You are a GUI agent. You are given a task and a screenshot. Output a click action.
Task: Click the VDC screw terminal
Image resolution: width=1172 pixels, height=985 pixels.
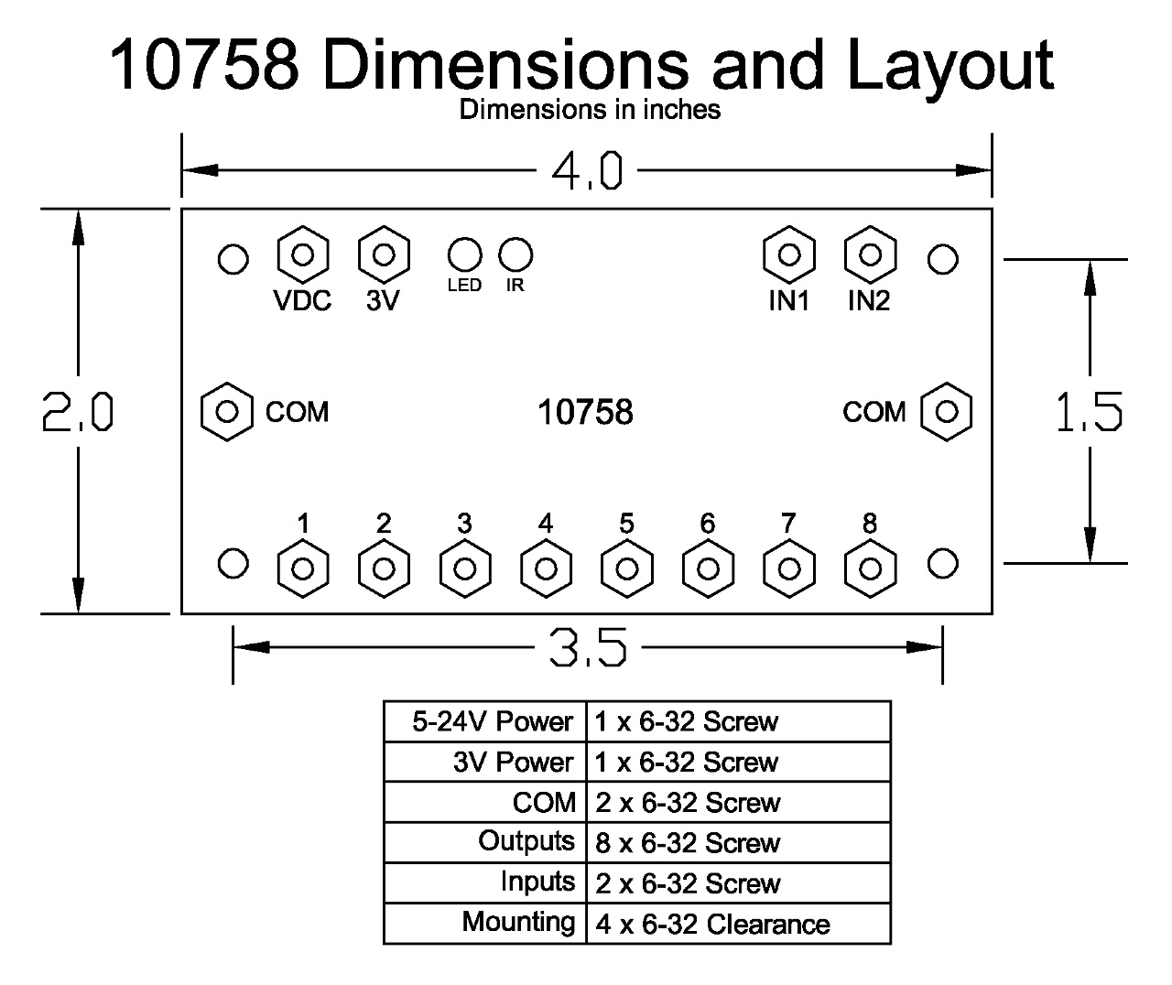tap(302, 254)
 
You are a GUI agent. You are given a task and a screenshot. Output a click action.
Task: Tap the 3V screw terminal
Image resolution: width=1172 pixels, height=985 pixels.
tap(384, 254)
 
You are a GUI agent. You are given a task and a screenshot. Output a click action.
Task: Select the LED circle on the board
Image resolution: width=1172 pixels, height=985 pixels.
tap(464, 254)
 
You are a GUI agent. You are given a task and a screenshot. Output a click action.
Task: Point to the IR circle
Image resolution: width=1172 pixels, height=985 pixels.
tap(515, 254)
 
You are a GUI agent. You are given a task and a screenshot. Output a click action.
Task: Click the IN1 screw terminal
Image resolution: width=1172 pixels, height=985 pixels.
tap(788, 254)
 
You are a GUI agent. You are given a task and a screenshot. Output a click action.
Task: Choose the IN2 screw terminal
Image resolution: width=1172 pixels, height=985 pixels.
tap(870, 254)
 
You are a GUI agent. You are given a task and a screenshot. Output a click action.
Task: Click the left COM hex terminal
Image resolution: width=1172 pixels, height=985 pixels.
tap(226, 412)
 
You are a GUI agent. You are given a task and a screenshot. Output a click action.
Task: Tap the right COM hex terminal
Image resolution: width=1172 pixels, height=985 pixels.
tap(946, 412)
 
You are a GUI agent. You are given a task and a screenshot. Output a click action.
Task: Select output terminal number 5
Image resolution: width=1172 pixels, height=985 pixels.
tap(626, 569)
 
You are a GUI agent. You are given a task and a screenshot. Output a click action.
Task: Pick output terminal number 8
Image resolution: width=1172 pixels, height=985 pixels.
tap(870, 569)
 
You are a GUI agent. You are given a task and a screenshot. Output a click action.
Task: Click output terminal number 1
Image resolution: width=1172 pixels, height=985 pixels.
tap(302, 569)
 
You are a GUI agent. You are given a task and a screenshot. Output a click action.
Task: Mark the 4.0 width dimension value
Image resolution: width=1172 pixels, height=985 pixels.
tap(587, 171)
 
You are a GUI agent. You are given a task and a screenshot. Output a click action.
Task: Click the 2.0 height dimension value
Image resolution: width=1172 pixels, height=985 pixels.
tap(78, 412)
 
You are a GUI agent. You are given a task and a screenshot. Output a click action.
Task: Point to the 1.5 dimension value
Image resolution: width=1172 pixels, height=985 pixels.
tap(1089, 412)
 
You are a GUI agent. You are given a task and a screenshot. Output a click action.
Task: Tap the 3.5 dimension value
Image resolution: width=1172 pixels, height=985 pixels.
tap(587, 648)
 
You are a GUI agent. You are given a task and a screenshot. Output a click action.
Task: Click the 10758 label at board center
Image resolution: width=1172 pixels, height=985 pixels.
tap(585, 412)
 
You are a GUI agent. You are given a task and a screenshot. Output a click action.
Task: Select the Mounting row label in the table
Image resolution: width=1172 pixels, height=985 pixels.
tap(518, 922)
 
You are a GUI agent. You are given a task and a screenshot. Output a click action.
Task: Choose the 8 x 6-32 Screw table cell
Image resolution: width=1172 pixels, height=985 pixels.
tap(688, 842)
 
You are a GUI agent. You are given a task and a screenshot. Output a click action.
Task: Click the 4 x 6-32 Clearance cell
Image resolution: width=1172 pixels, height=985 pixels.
tap(712, 924)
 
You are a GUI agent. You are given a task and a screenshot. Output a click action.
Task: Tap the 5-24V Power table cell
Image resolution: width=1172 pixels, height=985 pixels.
tap(493, 721)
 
